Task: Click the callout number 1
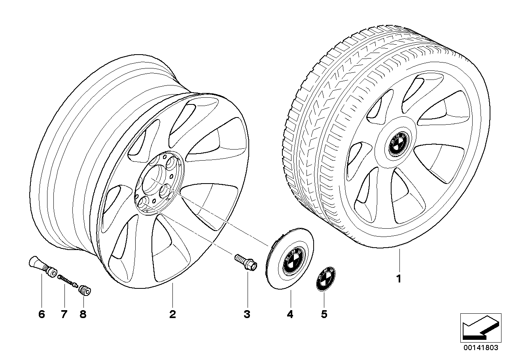point(399,279)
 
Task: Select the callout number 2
point(172,315)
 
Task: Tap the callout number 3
point(247,315)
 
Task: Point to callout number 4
point(290,315)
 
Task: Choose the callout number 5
point(324,315)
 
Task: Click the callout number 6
point(42,315)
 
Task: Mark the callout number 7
point(64,315)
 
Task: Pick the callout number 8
point(83,315)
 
